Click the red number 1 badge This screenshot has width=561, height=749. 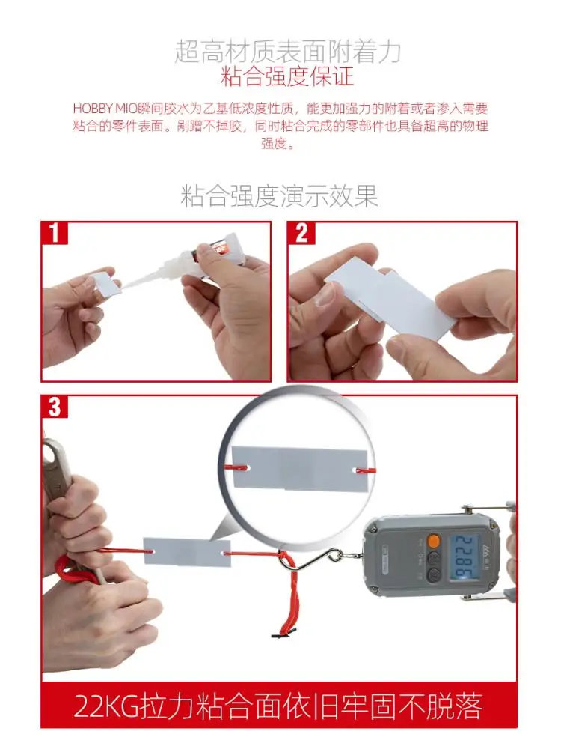click(x=55, y=233)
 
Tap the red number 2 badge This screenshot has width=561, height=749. click(x=301, y=233)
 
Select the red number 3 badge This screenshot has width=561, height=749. click(x=55, y=407)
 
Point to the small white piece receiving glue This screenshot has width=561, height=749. click(x=103, y=283)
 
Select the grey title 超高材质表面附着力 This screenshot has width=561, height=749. click(x=287, y=50)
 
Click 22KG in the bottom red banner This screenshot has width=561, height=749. click(x=109, y=706)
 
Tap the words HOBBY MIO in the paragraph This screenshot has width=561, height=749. click(x=103, y=109)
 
